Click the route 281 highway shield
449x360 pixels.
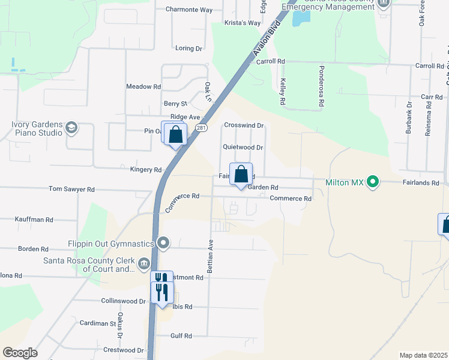pos(202,128)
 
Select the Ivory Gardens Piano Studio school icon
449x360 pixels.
pos(71,127)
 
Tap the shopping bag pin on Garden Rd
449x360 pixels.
pos(241,175)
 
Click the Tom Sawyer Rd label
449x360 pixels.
pos(71,189)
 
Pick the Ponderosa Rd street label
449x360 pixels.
pos(322,86)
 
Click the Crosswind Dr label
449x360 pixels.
pos(244,125)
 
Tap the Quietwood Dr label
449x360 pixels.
pos(243,147)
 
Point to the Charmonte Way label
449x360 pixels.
pos(189,10)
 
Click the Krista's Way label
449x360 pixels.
pos(243,23)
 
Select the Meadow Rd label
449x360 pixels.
pos(143,86)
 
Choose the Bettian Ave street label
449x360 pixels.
pos(210,256)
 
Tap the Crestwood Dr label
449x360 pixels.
pos(124,350)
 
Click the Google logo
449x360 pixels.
pos(20,353)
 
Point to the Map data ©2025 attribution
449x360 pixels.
pos(423,355)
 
